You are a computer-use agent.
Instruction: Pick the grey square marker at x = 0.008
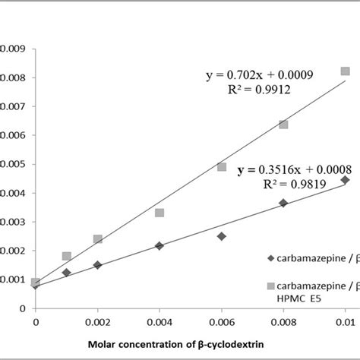(283, 124)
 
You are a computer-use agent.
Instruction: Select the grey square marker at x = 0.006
(222, 166)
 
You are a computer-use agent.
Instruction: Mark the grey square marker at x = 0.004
(159, 213)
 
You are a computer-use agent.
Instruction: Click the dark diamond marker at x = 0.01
(346, 180)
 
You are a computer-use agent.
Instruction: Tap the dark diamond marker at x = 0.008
(283, 203)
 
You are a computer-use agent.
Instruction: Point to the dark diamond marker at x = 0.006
(222, 236)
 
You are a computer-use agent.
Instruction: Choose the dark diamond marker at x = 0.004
(159, 245)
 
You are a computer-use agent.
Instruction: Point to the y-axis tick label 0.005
(14, 164)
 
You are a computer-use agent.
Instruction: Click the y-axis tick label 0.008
(14, 77)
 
